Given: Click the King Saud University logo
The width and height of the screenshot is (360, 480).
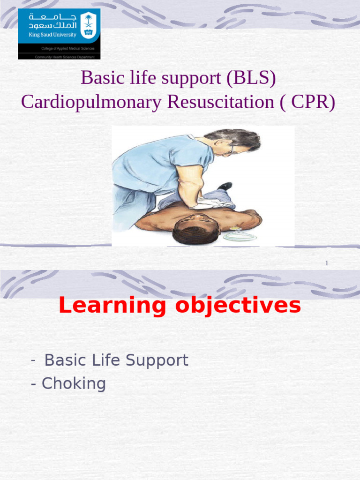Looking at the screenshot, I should (59, 34).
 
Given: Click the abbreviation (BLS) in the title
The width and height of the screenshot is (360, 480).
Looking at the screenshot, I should (251, 78).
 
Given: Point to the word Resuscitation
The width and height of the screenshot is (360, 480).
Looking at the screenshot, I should (220, 102).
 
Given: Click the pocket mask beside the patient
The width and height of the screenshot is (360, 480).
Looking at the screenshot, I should (239, 235).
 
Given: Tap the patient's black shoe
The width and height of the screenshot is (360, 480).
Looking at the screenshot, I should (225, 186).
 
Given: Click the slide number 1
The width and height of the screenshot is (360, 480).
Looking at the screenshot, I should (327, 263).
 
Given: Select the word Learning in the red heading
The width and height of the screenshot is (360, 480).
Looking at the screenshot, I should (112, 306).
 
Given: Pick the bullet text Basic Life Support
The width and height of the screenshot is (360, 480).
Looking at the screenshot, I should (116, 360).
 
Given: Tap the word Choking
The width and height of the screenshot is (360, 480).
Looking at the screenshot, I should (74, 384).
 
